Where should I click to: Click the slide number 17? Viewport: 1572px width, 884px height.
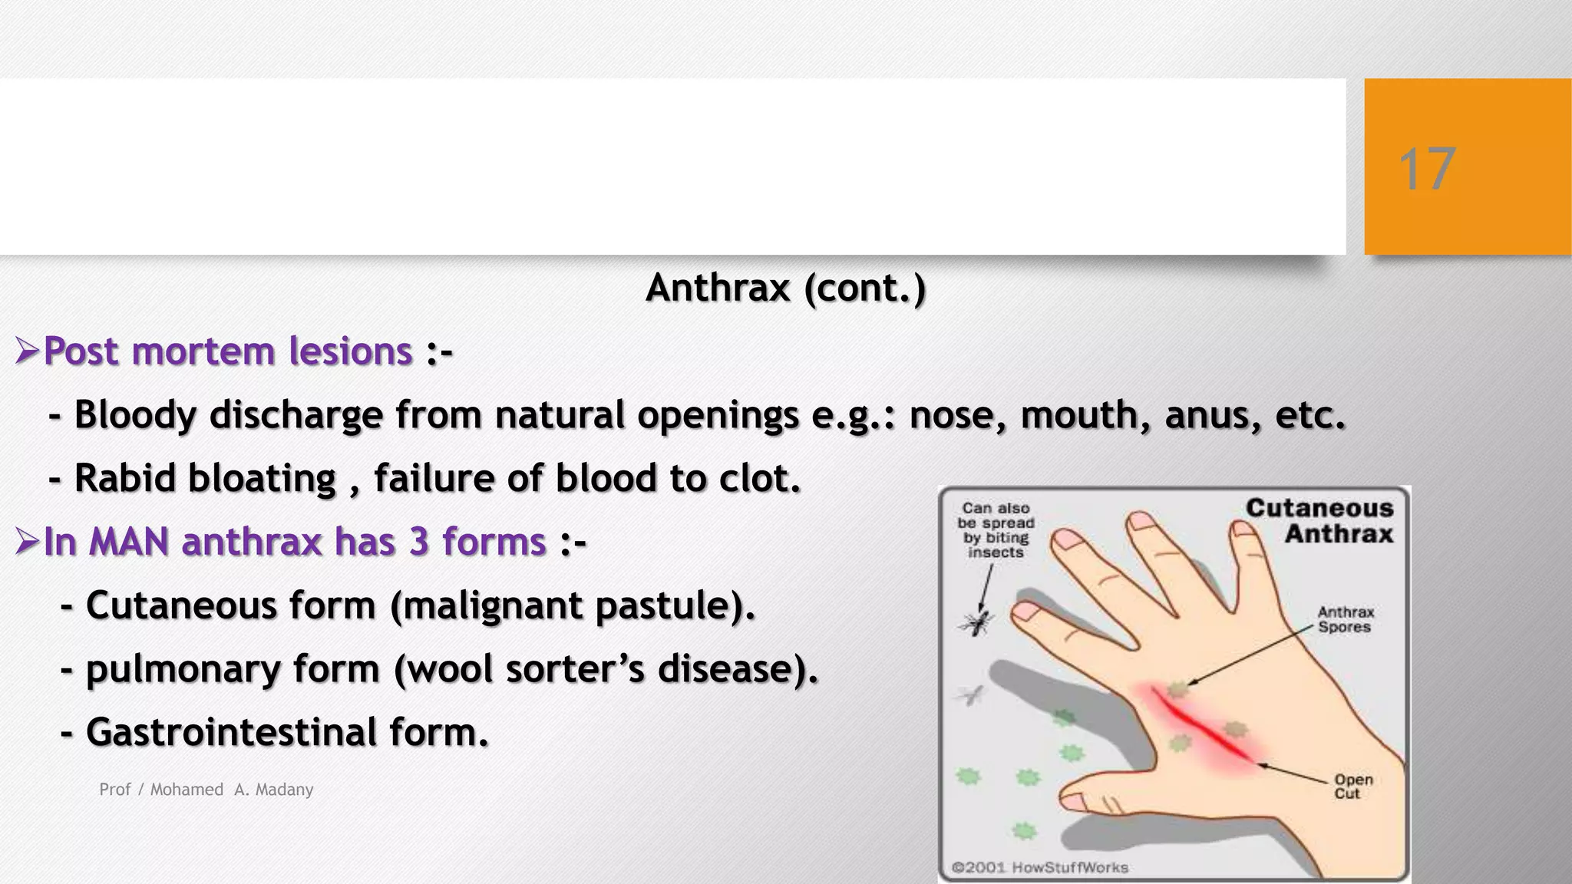1427,169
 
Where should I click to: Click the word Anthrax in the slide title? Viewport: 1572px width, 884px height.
718,289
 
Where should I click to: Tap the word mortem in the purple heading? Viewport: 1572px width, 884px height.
203,352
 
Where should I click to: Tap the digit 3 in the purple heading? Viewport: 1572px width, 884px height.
419,542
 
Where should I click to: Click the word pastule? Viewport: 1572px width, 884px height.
661,606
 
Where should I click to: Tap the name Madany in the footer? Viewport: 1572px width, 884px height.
284,790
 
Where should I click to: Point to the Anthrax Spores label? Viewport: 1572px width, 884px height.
1346,619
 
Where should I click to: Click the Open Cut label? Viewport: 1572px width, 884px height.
1352,787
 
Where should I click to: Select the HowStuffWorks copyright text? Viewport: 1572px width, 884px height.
1040,868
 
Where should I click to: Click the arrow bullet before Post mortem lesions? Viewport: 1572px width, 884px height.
27,352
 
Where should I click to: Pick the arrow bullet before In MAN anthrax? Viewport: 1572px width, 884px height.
27,543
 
